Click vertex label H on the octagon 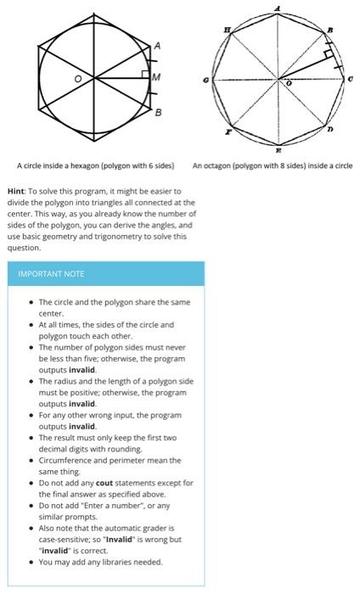pyautogui.click(x=226, y=31)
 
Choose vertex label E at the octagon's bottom pyautogui.click(x=278, y=148)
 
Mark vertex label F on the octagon pyautogui.click(x=227, y=132)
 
